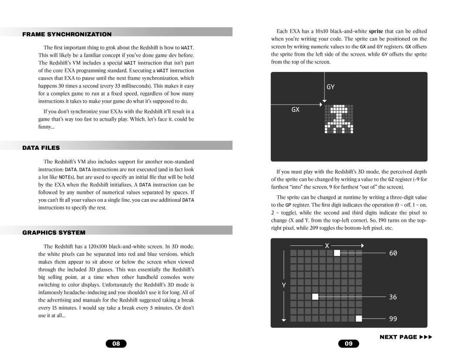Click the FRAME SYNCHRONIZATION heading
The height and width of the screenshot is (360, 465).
67,34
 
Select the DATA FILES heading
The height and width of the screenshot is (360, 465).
41,148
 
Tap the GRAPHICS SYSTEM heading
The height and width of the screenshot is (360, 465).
54,232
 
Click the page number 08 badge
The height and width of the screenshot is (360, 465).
116,344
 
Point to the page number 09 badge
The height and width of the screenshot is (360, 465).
349,344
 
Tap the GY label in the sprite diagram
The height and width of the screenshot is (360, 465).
330,87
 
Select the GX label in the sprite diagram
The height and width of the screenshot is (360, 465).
296,110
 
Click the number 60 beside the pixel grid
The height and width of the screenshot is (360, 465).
393,253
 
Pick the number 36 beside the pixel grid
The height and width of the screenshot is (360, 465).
393,297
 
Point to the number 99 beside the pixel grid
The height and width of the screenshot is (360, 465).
393,319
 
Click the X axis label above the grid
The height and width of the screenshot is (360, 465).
326,245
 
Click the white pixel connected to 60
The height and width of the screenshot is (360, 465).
337,253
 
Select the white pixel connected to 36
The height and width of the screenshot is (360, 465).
315,297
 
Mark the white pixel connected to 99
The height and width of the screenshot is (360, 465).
359,319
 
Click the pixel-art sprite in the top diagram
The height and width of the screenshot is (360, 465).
339,118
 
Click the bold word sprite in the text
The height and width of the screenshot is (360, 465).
376,31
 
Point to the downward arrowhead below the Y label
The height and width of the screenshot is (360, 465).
283,320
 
